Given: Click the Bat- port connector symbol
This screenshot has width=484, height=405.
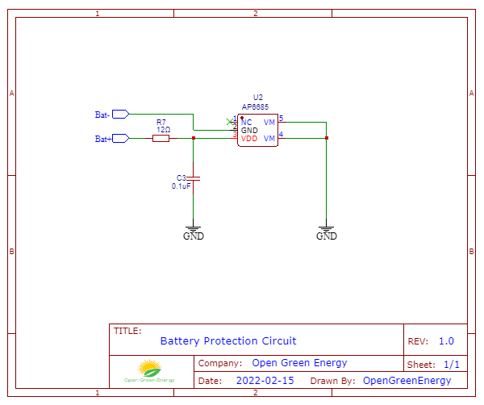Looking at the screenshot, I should tap(120, 115).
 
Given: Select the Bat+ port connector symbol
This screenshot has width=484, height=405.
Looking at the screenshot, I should tap(120, 139).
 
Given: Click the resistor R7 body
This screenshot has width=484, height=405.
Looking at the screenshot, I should tap(161, 139).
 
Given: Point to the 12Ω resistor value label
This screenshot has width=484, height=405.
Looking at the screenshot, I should tap(163, 129).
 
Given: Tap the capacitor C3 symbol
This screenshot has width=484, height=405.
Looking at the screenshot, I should tap(193, 177).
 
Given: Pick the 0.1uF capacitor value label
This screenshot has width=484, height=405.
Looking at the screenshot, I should tap(181, 186).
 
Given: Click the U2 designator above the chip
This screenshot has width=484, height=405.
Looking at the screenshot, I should tap(257, 97).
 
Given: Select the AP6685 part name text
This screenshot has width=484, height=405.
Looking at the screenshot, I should tap(256, 106).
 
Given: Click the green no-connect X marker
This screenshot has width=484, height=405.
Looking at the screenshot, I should tap(229, 122).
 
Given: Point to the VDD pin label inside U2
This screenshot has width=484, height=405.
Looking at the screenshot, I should tap(249, 139).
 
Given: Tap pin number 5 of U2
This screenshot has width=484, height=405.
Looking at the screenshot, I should tap(281, 119).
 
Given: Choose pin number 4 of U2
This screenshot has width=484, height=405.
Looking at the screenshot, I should tap(281, 135).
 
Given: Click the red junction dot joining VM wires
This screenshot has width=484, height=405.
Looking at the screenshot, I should tap(326, 138).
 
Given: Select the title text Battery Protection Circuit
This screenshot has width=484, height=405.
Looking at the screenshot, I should tap(228, 341).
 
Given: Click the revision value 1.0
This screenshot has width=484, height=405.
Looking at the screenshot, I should tap(446, 341).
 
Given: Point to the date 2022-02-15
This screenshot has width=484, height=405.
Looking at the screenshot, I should tap(265, 380).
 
